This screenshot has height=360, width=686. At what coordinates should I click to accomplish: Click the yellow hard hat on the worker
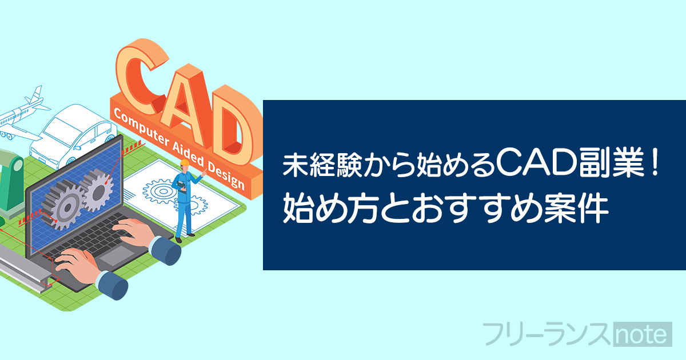184,162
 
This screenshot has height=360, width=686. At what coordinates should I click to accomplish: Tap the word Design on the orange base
226,175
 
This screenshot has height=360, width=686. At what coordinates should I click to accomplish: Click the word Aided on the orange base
188,154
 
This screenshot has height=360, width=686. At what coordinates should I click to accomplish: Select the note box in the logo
643,334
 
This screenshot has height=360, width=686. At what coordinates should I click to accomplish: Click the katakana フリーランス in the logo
547,334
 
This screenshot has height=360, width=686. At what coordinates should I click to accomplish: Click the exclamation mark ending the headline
655,165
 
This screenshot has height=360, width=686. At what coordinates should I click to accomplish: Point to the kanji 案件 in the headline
576,210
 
